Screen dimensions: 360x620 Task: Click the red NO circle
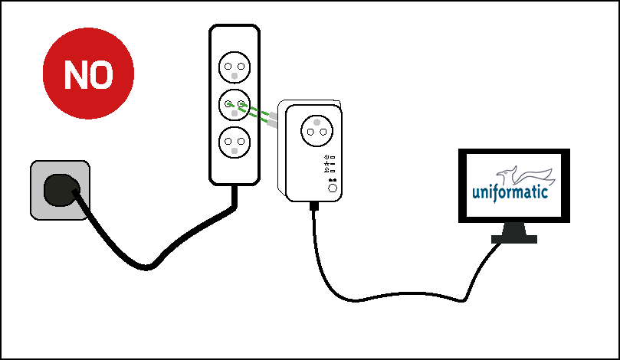pos(88,74)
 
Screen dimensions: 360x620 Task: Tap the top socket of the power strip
pos(235,67)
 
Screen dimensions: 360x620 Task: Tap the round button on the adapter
pos(332,188)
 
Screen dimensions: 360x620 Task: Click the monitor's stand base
pos(513,240)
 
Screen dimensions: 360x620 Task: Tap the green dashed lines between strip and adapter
pos(259,114)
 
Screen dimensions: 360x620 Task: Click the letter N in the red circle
pos(77,74)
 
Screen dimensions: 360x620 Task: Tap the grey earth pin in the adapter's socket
pos(317,121)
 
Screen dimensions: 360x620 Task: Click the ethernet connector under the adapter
pos(313,205)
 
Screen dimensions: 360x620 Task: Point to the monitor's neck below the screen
pos(513,229)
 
